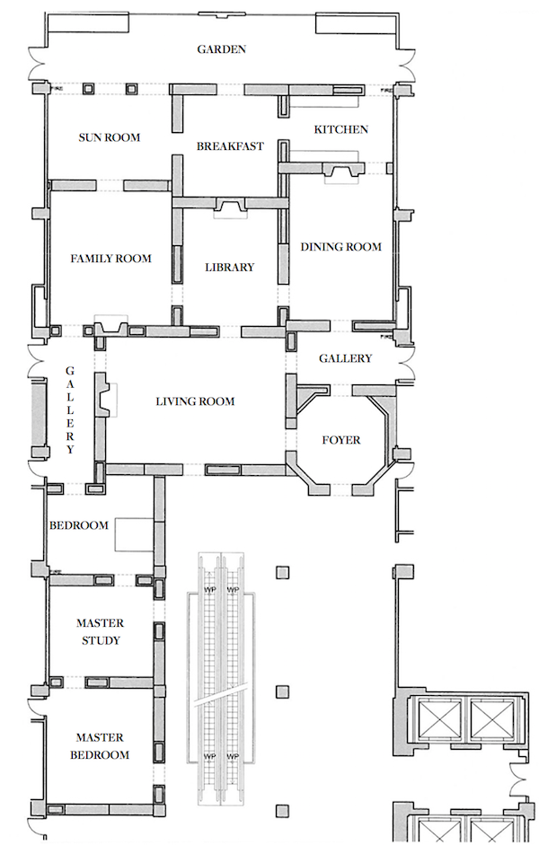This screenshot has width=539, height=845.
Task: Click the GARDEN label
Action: (x=221, y=49)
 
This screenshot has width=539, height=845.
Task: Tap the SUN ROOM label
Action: (x=110, y=137)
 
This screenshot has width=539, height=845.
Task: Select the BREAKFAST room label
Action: (x=230, y=146)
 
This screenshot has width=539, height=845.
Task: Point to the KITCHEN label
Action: (x=341, y=129)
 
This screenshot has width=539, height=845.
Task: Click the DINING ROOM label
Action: (x=340, y=247)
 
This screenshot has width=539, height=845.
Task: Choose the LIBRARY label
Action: (x=230, y=268)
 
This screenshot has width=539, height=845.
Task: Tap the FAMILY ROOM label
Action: (x=111, y=259)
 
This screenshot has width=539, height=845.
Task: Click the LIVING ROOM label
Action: (x=195, y=401)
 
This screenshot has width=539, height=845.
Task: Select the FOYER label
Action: (x=341, y=440)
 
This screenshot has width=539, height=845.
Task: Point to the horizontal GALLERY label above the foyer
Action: (x=346, y=358)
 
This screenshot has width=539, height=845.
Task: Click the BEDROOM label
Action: (x=79, y=525)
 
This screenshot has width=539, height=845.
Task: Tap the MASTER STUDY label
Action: (x=101, y=631)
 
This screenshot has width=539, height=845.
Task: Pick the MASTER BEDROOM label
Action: (x=100, y=746)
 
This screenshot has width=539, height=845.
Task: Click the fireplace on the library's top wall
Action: (x=230, y=207)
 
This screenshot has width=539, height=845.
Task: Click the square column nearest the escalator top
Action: (x=282, y=572)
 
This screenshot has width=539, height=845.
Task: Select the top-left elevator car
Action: (x=437, y=718)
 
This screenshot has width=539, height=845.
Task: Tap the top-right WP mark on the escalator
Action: (x=233, y=590)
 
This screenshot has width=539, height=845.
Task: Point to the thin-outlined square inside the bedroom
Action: (x=134, y=534)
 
